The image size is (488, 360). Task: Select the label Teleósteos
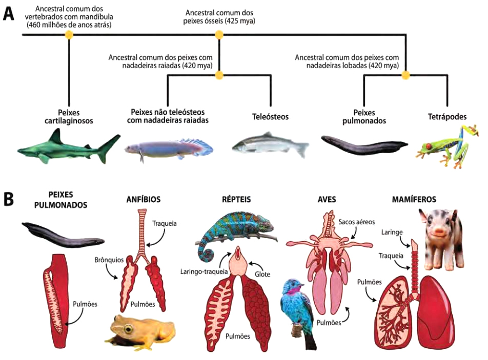pyautogui.click(x=270, y=117)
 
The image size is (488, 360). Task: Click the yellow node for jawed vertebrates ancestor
pyautogui.click(x=69, y=35)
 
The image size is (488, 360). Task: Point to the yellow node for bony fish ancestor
pyautogui.click(x=219, y=35)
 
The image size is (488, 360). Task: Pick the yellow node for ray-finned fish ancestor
pyautogui.click(x=219, y=75)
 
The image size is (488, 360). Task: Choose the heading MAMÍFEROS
pyautogui.click(x=435, y=199)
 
